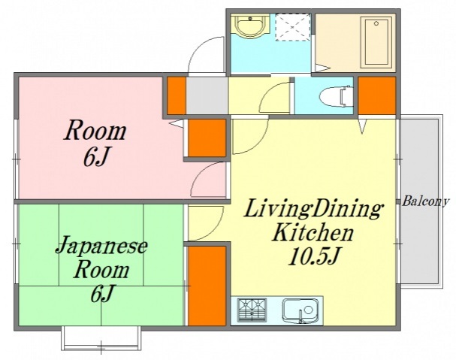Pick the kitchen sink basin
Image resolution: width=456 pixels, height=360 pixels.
300,310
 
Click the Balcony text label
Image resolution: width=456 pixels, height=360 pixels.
425,201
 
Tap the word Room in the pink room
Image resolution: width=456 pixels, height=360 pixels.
95,132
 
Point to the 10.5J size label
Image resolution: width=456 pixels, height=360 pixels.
315,257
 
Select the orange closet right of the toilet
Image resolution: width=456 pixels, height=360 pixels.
376,95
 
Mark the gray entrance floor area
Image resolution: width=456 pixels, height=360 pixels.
207,95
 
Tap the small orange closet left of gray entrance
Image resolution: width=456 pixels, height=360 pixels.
175,95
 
